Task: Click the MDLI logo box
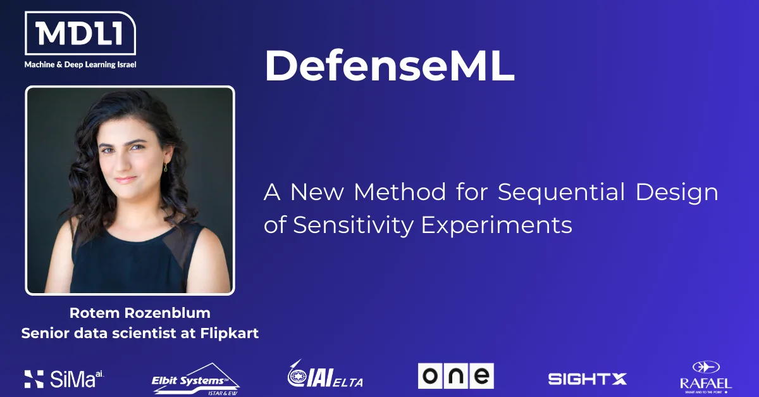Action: coord(80,33)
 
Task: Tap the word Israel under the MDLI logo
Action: coord(126,65)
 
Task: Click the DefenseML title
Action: coord(390,65)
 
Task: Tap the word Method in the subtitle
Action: coord(400,192)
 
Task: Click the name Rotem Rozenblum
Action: coord(140,313)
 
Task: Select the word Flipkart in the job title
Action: coord(230,333)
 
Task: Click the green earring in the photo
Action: coord(165,167)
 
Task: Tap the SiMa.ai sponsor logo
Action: coord(65,379)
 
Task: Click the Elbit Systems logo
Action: coord(195,380)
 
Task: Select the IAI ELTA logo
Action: coord(325,374)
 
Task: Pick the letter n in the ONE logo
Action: coord(456,376)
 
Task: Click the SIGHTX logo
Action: coord(588,379)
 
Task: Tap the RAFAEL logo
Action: coord(706,377)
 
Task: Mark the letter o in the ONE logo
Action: coord(430,376)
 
